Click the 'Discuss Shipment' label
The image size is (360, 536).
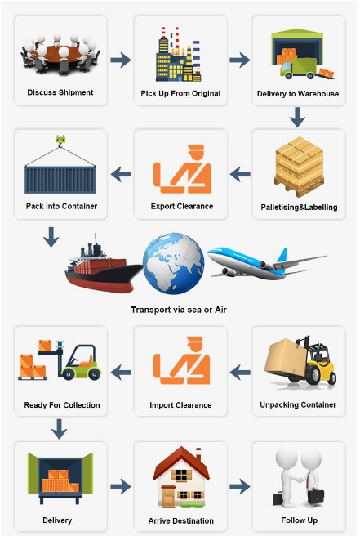coord(60,92)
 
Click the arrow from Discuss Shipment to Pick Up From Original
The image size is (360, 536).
coord(121,60)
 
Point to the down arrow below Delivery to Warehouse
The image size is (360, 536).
coord(297,118)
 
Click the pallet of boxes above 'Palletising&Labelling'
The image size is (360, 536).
coord(300,167)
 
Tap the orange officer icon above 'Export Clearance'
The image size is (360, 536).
coord(182,169)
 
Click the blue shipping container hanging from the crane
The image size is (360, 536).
coord(60,179)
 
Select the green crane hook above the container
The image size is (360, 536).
coord(60,141)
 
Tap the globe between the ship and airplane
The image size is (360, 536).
coord(174,263)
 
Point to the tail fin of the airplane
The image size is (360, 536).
coord(282,257)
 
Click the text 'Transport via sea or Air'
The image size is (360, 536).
coord(179,310)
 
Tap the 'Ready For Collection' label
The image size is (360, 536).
coord(62,405)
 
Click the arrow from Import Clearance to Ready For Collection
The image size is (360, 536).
coord(121,373)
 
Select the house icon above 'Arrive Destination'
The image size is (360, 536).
coord(181,477)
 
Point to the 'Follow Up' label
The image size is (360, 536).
coord(300,520)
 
